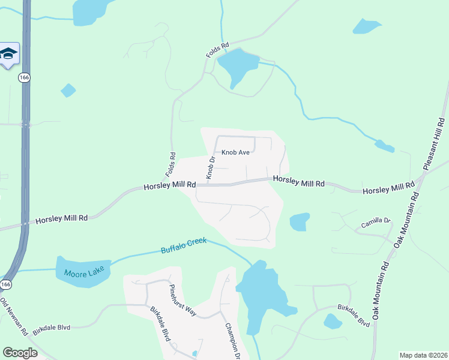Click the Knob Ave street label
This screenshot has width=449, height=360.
click(235, 152)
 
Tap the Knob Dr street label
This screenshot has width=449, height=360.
click(211, 167)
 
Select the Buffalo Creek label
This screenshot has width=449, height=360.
click(183, 245)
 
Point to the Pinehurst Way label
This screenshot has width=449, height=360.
click(182, 300)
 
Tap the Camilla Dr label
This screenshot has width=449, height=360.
click(376, 223)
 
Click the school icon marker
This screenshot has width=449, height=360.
click(9, 55)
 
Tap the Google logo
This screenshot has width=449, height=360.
click(20, 353)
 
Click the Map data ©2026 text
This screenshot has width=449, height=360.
click(423, 355)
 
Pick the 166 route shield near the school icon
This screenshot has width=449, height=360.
click(23, 77)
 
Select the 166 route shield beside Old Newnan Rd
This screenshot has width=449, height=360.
click(5, 284)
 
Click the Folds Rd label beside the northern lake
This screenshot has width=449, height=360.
click(217, 50)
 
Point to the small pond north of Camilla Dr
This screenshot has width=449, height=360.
click(300, 222)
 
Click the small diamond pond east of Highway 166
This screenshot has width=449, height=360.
click(68, 91)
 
